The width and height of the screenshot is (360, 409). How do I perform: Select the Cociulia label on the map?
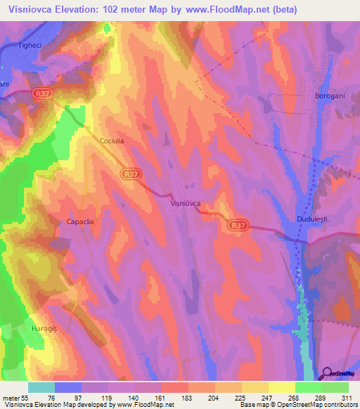click(x=111, y=141)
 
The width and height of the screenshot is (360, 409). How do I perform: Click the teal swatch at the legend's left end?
click(x=41, y=387)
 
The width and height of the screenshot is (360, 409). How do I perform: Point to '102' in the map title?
click(x=112, y=10)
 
